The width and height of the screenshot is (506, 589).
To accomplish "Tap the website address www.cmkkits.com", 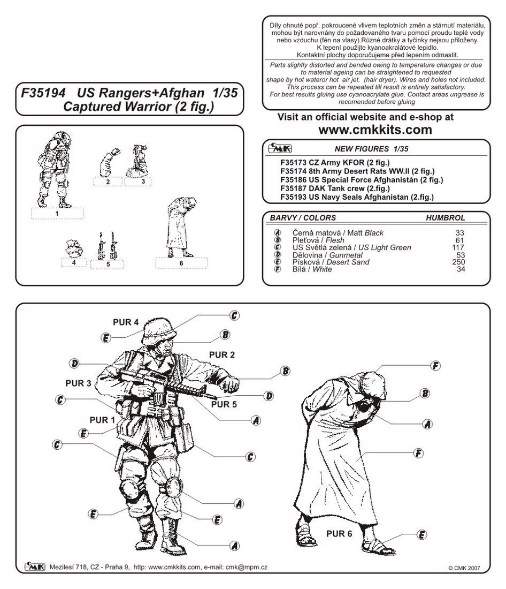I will pos(375,130).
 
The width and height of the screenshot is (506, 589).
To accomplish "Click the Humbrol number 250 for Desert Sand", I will pos(458,262).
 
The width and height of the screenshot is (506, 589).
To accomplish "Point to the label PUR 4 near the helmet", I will pos(126,322).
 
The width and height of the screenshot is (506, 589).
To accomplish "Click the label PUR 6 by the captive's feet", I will pos(339,533).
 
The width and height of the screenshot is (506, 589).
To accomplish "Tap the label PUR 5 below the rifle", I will pos(224,404).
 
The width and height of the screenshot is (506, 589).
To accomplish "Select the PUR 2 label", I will pos(222,354).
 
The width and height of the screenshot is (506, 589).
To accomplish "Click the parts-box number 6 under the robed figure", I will pos(181,263).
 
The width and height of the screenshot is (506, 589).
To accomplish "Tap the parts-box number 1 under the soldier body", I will pos(57,214).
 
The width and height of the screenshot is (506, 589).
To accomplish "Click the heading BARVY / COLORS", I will pos(303,218).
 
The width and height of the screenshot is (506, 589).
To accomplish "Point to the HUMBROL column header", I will pos(445,218).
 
